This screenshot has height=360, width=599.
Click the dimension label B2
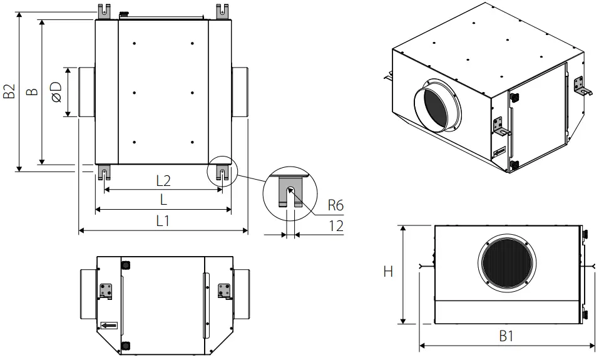pyautogui.click(x=9, y=91)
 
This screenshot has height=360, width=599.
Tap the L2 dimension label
pyautogui.click(x=163, y=181)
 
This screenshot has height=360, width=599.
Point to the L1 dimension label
pyautogui.click(x=163, y=221)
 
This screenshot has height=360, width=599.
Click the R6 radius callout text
pyautogui.click(x=335, y=205)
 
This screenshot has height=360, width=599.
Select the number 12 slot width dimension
pyautogui.click(x=336, y=226)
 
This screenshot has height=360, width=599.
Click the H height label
pyautogui.click(x=388, y=272)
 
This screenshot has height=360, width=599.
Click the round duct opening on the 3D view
pyautogui.click(x=436, y=105)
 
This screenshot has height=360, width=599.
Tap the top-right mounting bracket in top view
pyautogui.click(x=222, y=12)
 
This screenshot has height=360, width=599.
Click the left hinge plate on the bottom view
pyautogui.click(x=106, y=291)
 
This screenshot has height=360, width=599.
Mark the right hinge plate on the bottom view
pyautogui.click(x=223, y=291)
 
